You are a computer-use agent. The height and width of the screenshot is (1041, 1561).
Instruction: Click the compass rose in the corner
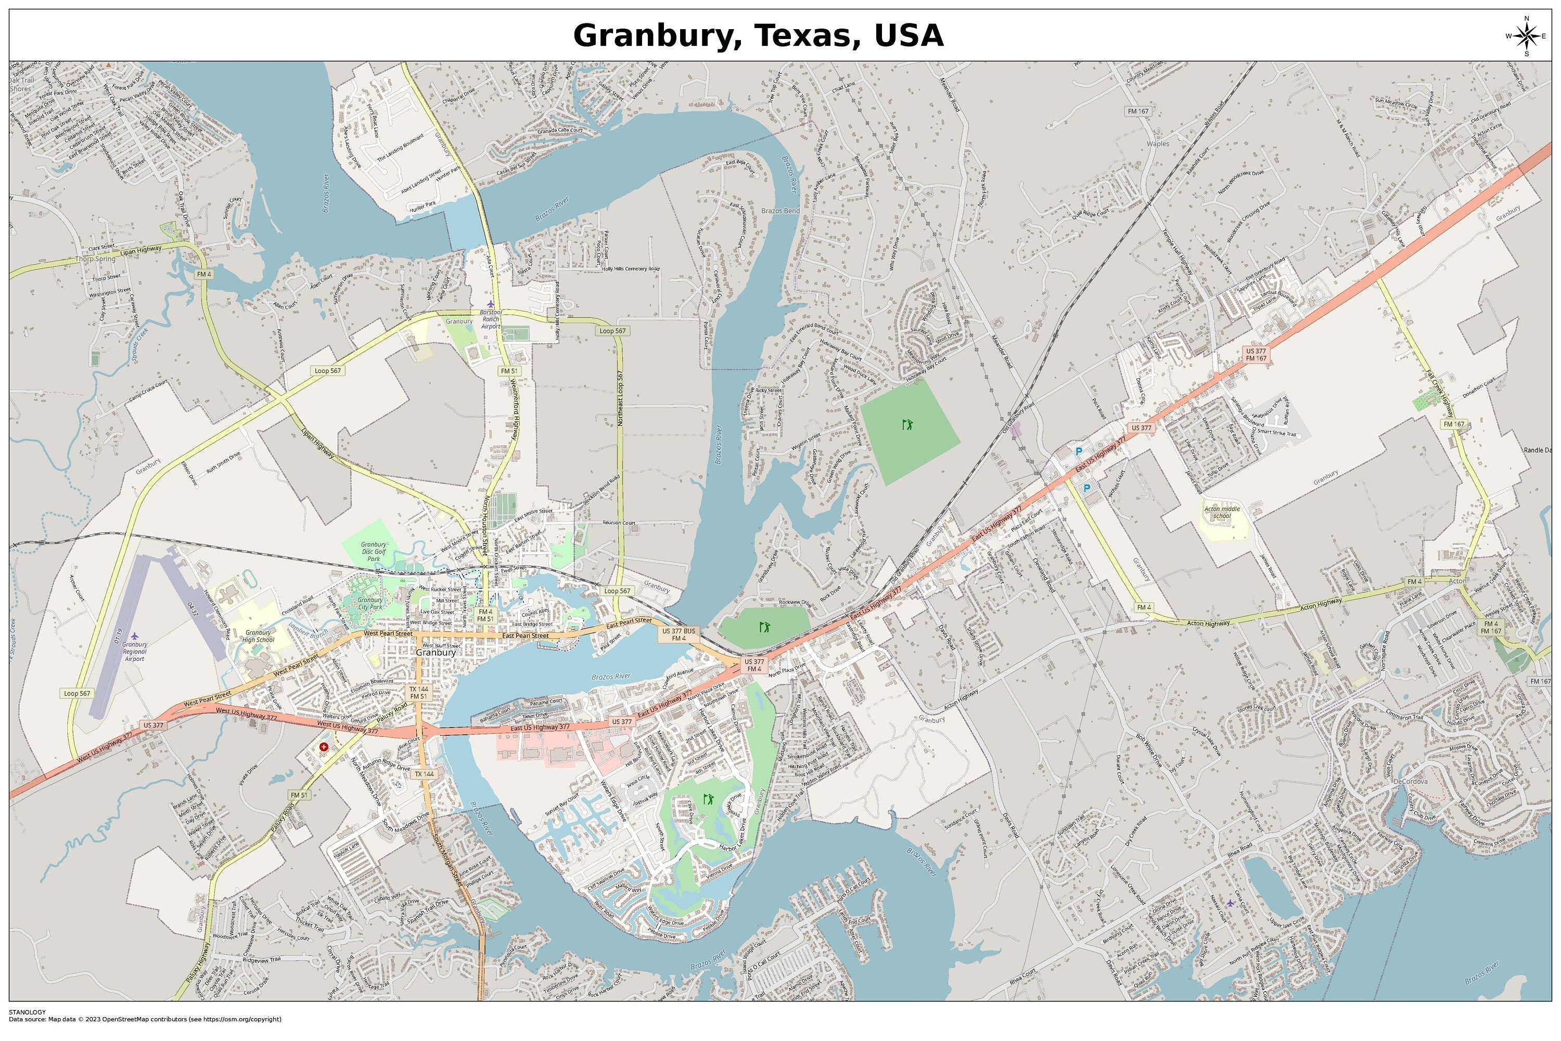(1526, 36)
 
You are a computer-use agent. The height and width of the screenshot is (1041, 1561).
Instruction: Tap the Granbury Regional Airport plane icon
(134, 636)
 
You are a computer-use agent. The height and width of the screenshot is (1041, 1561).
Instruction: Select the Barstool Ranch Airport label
(491, 319)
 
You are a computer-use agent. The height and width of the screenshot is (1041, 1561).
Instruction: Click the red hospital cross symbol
(324, 747)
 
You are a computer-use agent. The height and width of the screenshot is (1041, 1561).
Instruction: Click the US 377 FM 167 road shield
(1256, 355)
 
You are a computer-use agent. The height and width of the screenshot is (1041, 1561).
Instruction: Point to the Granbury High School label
(258, 636)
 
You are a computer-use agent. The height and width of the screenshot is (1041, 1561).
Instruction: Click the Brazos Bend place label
(780, 211)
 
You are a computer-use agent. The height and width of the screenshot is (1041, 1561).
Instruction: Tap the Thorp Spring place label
(95, 259)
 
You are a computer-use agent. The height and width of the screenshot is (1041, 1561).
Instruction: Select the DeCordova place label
(1410, 782)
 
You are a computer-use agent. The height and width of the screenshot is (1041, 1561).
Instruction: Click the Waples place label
(1157, 144)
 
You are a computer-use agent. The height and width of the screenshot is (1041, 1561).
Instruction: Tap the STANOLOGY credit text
(27, 1012)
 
